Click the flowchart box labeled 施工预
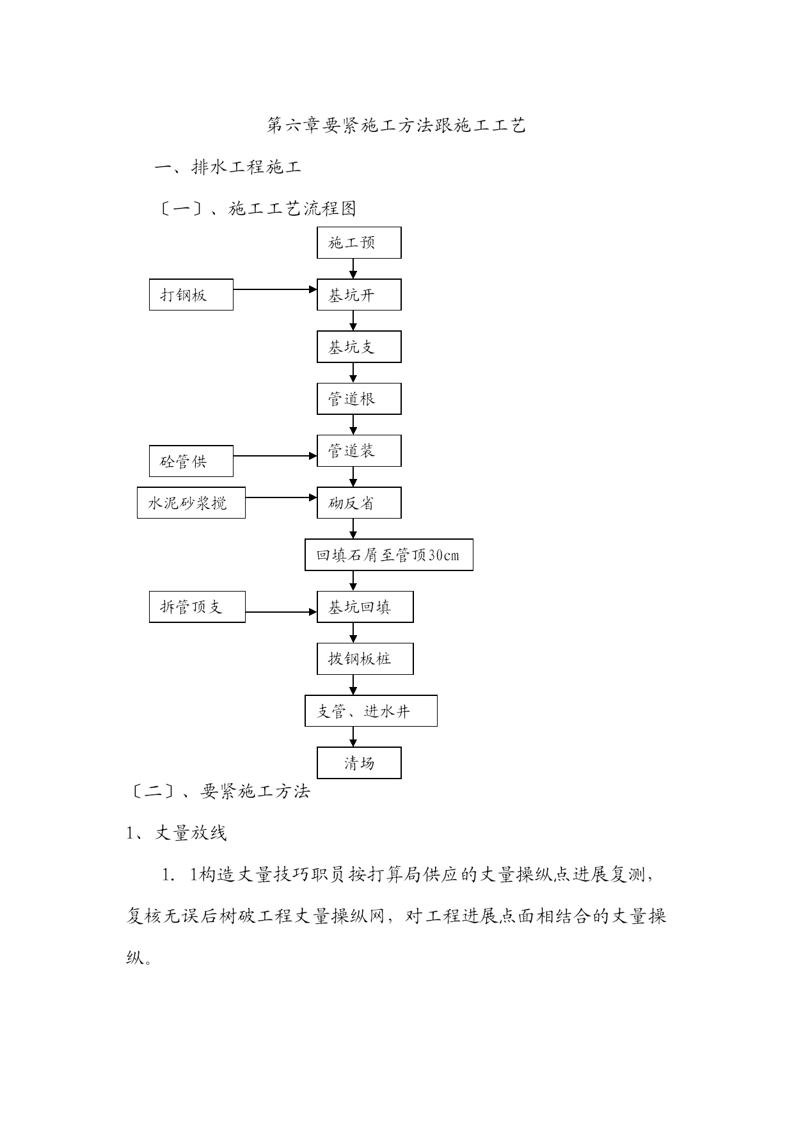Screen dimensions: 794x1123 tap(359, 243)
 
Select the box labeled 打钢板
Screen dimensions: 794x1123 tap(191, 295)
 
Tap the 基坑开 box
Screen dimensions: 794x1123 tap(359, 295)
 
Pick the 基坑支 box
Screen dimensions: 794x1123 tap(359, 346)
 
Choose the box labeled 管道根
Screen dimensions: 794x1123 tap(359, 399)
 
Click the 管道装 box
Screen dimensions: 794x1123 tap(359, 451)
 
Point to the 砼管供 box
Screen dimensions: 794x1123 tap(191, 461)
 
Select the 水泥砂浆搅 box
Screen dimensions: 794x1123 tap(191, 503)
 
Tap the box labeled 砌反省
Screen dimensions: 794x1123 tap(359, 503)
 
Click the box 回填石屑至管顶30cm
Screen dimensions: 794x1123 tap(389, 554)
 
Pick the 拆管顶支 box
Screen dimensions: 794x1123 tap(197, 606)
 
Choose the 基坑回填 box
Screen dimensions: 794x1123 tap(365, 606)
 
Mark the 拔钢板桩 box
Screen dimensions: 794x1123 tap(365, 659)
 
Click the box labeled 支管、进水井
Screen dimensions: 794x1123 tap(371, 711)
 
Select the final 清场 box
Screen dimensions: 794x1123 tap(359, 763)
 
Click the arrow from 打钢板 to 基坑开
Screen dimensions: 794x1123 tap(275, 289)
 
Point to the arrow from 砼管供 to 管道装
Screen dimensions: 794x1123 tap(275, 456)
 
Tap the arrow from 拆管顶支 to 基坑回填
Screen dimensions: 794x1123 tap(282, 612)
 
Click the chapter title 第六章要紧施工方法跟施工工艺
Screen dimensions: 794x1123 tap(397, 125)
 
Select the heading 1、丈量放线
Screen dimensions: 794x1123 tap(177, 832)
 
